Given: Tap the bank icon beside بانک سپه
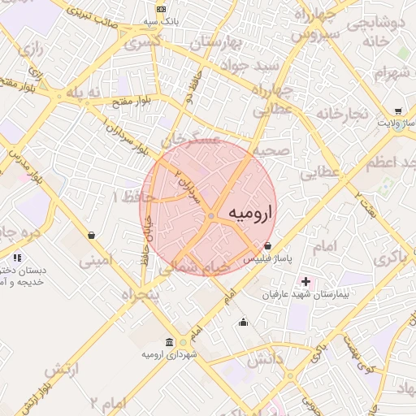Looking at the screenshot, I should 161,8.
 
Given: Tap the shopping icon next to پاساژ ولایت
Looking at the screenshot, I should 398,110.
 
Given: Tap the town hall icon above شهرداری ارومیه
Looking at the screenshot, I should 168,341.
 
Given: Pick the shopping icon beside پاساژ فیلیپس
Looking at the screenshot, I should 267,245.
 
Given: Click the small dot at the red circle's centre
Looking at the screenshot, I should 210,215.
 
